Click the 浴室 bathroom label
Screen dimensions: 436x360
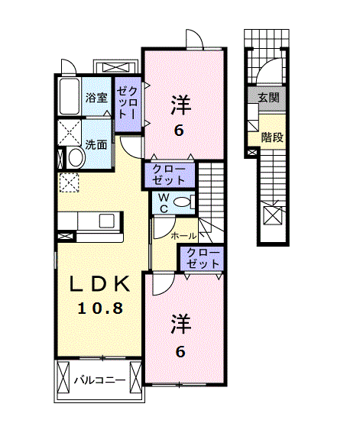[x=96, y=98]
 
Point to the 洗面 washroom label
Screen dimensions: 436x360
[x=96, y=144]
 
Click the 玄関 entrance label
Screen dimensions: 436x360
[x=268, y=98]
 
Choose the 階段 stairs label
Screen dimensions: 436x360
[x=271, y=137]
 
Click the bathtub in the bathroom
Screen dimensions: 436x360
[x=69, y=97]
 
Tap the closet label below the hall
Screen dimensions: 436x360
[x=203, y=258]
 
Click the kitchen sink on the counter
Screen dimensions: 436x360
[x=106, y=221]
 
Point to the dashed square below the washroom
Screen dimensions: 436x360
[x=70, y=183]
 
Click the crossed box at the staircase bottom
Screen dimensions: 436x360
[x=272, y=215]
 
